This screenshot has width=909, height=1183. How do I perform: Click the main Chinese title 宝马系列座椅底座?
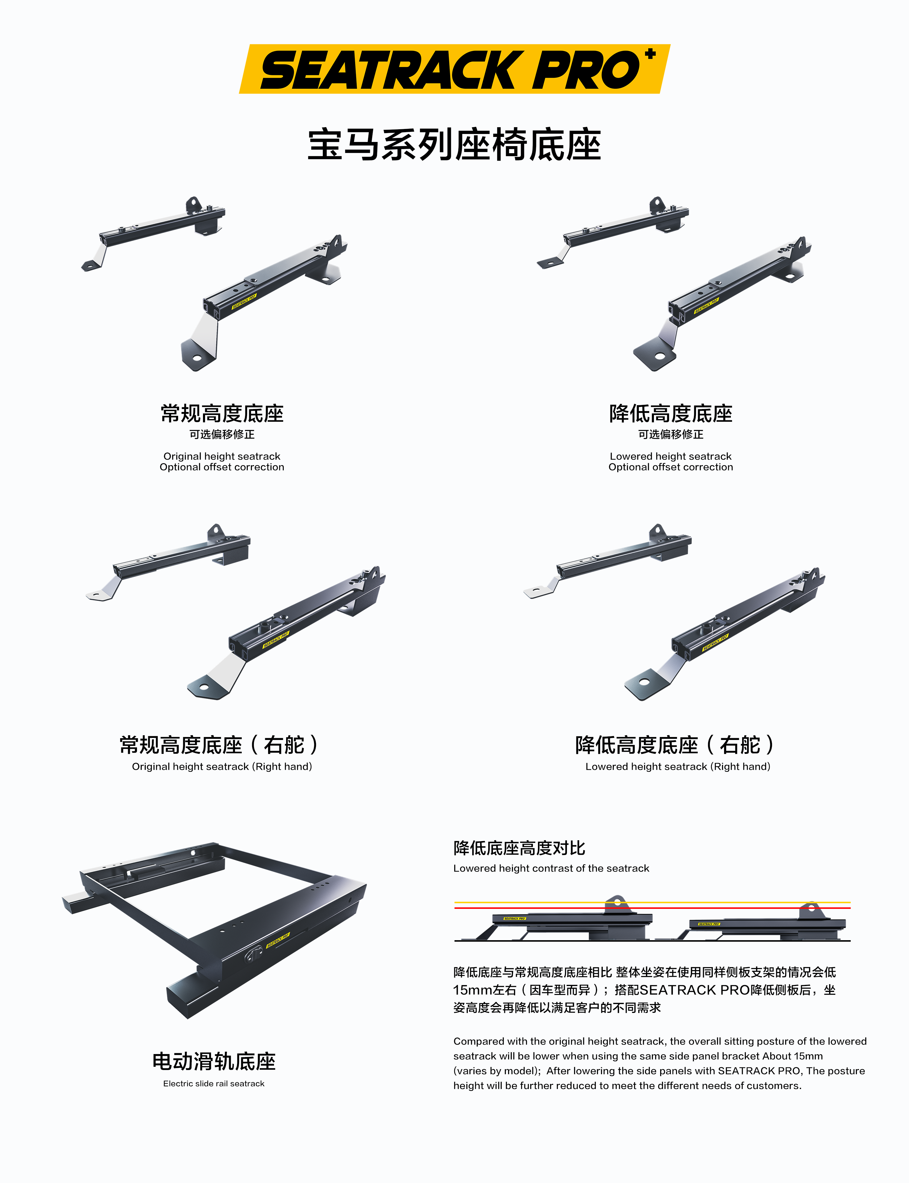pyautogui.click(x=454, y=145)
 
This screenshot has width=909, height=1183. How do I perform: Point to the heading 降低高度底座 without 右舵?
pyautogui.click(x=671, y=414)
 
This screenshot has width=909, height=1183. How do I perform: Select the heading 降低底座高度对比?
pyautogui.click(x=519, y=848)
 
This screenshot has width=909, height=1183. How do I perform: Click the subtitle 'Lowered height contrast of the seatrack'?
pyautogui.click(x=551, y=868)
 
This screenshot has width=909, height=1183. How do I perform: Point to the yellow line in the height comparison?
pyautogui.click(x=652, y=902)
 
